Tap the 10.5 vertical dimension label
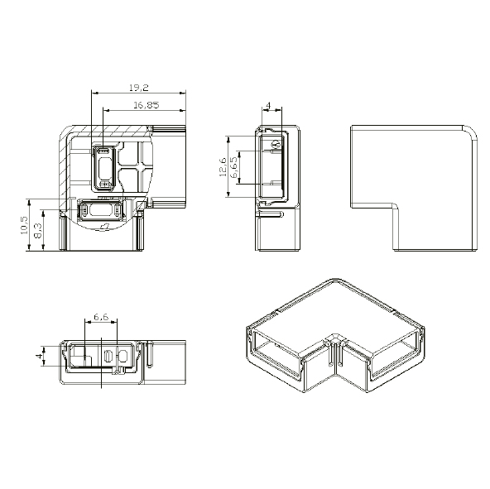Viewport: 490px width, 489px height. (25, 225)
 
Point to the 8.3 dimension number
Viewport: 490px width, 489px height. (39, 231)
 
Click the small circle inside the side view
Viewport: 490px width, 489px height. (276, 146)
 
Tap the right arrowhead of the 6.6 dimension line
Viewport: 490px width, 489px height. (117, 324)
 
